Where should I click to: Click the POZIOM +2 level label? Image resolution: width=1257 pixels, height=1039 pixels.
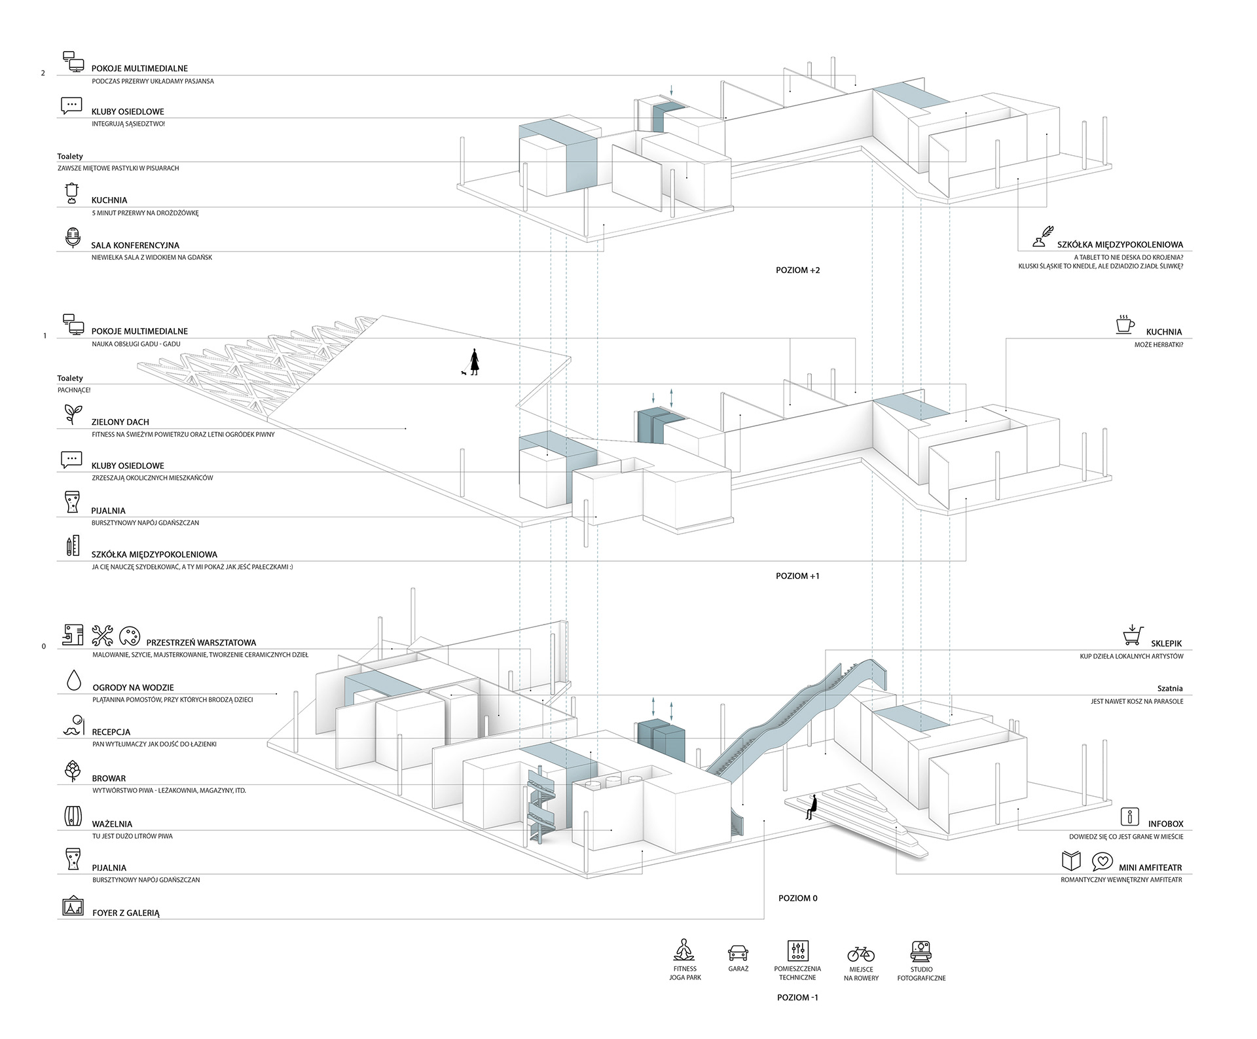click(797, 270)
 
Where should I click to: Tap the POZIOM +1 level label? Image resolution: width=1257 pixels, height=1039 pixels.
click(797, 576)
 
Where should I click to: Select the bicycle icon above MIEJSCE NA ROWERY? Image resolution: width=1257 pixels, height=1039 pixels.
click(861, 953)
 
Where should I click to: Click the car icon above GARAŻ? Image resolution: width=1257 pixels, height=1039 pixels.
click(738, 952)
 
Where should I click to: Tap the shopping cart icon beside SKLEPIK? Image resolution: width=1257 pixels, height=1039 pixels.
click(1132, 634)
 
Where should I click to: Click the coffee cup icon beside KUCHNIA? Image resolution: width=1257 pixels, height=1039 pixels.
click(1125, 325)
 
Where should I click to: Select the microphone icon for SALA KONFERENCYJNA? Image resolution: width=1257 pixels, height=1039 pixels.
click(73, 238)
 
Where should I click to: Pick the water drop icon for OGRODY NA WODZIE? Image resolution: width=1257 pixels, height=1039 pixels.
click(73, 680)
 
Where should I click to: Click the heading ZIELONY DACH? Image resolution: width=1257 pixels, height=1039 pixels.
click(120, 422)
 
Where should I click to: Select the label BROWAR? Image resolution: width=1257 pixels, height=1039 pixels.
click(109, 778)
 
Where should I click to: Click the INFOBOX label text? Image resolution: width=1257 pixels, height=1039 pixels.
click(1165, 824)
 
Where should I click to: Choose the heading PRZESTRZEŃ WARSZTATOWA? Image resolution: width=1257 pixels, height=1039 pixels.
click(201, 643)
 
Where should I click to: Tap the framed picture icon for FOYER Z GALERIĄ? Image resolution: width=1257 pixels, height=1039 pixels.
click(72, 905)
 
